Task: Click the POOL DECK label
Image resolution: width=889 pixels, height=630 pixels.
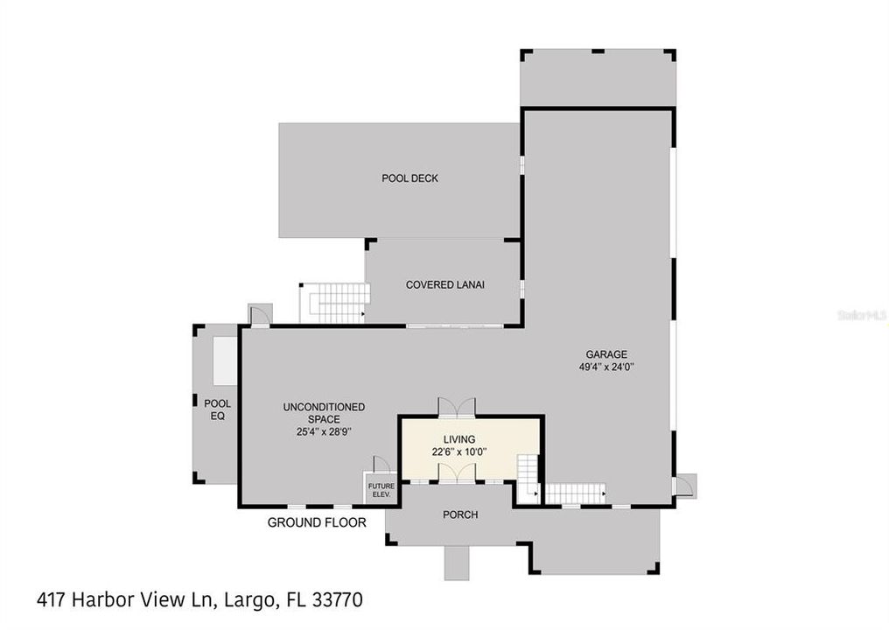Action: (409, 178)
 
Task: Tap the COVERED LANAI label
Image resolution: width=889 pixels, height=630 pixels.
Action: (444, 284)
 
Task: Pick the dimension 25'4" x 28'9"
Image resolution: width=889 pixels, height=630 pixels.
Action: (324, 431)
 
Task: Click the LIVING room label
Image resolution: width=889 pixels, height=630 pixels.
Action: (459, 439)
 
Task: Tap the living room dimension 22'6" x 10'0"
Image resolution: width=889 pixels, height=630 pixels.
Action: (459, 452)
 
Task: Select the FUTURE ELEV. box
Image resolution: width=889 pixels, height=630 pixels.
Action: (381, 488)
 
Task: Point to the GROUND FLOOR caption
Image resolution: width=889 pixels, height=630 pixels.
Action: (316, 522)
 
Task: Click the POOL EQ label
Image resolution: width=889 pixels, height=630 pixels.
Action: (217, 409)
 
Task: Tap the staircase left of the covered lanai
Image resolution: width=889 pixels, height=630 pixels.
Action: (333, 303)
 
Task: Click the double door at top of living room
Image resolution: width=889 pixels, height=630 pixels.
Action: (457, 407)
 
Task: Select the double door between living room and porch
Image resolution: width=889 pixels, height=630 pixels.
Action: (457, 472)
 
